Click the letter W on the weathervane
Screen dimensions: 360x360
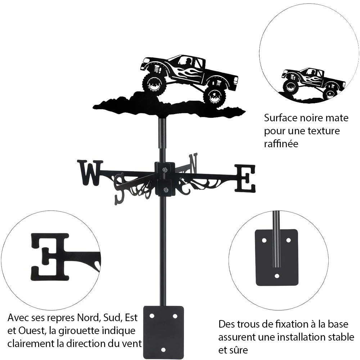tap(89, 173)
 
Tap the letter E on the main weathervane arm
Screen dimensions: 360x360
tap(245, 178)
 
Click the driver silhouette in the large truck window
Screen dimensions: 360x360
tap(187, 62)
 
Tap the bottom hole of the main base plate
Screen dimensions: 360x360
tap(163, 349)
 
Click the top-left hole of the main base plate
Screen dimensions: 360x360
tap(152, 316)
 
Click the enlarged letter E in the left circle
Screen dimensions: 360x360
tap(50, 256)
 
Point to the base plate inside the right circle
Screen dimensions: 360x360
tap(276, 257)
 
